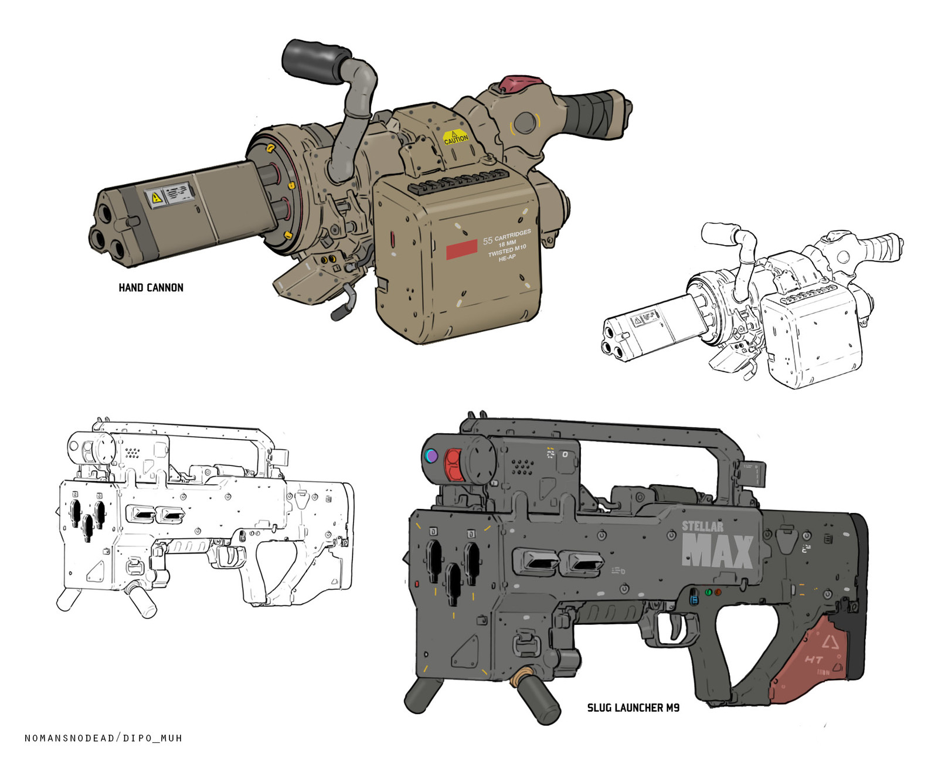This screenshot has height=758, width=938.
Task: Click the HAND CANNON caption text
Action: click(151, 287)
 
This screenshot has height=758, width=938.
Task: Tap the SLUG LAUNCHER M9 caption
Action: click(633, 708)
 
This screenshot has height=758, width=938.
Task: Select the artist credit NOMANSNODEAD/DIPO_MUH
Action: click(103, 737)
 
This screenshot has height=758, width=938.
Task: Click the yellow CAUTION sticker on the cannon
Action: click(456, 138)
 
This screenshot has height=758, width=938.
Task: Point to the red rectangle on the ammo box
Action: click(461, 249)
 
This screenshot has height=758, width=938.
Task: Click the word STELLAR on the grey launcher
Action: click(702, 526)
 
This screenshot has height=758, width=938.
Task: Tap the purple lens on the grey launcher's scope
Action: click(431, 456)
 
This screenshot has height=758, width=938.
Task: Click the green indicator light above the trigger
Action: click(708, 592)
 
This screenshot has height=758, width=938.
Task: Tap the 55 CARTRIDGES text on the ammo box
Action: click(507, 237)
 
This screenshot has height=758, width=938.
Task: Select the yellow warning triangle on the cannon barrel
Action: click(156, 197)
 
